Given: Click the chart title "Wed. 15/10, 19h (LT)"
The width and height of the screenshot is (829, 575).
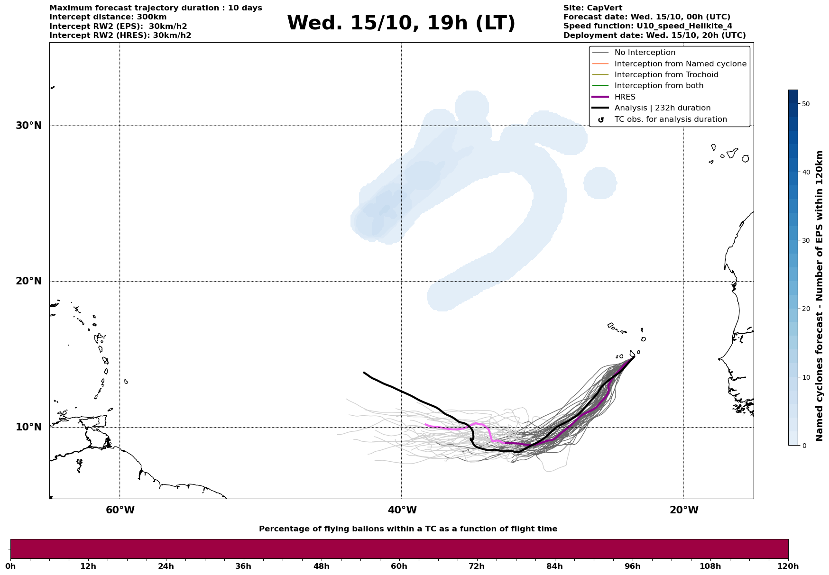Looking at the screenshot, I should click(401, 23).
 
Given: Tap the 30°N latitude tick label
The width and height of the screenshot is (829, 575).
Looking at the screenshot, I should click(28, 126).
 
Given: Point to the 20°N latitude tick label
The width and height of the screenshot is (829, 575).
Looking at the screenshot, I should click(28, 281).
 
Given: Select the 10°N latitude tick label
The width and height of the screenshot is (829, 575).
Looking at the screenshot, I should click(28, 427).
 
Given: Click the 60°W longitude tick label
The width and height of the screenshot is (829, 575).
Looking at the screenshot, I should click(120, 510).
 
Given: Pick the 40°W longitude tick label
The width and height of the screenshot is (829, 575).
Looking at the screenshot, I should click(402, 510).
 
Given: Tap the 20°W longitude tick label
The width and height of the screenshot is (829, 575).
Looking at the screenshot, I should click(684, 510).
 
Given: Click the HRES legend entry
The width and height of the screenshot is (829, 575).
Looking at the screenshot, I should click(625, 97).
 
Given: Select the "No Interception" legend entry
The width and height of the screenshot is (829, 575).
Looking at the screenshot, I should click(645, 53).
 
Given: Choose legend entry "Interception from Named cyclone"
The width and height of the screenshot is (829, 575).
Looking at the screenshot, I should click(680, 64).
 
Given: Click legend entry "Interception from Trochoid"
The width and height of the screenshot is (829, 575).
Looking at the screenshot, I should click(666, 75).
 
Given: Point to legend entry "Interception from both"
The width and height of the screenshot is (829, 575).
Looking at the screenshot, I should click(659, 86).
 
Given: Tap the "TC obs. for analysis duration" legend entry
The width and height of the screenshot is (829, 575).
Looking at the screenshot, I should click(670, 119).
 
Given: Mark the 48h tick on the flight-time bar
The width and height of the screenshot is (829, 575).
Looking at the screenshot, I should click(321, 566).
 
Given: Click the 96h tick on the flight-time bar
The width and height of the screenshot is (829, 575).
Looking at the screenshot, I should click(632, 566).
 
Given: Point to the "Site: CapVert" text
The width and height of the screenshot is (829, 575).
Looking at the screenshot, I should click(592, 8).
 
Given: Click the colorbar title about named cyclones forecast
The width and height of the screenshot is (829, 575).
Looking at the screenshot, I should click(819, 296).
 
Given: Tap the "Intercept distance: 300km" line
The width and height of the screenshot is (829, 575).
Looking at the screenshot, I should click(108, 17).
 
